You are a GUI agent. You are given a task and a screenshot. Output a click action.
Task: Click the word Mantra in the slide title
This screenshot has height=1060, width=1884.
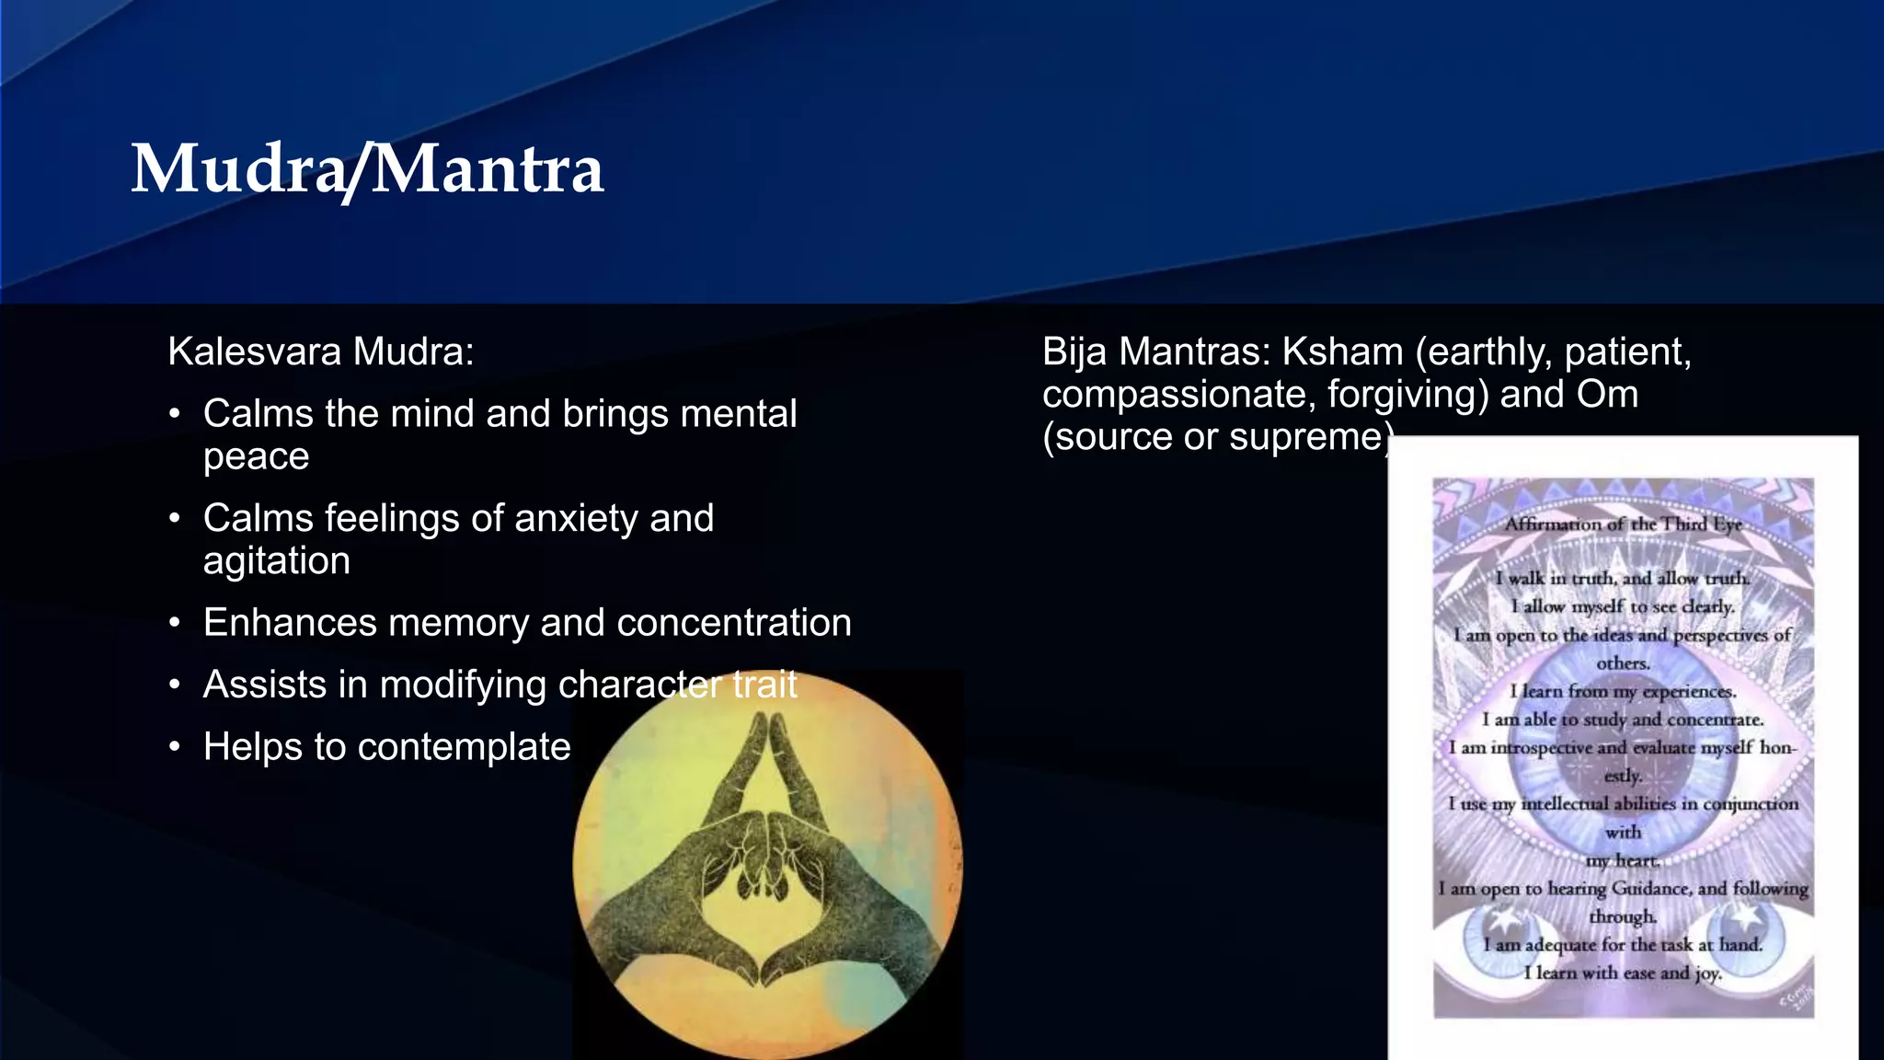(x=488, y=169)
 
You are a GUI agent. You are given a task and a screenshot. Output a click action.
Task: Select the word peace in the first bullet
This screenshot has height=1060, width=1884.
(x=256, y=457)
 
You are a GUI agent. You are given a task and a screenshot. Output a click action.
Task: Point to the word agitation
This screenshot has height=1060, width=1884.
(x=276, y=561)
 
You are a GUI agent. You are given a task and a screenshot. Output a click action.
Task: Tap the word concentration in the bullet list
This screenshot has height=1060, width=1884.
(x=733, y=623)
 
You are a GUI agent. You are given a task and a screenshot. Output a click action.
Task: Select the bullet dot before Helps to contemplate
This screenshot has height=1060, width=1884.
(x=175, y=747)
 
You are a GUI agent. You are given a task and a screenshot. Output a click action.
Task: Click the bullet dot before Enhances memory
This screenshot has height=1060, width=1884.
(x=175, y=624)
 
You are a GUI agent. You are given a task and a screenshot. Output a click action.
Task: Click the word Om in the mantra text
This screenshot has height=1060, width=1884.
(x=1607, y=395)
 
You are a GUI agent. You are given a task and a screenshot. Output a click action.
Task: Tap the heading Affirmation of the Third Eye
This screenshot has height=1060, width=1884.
(x=1623, y=524)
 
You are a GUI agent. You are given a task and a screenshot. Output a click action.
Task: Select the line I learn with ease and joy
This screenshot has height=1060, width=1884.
(x=1622, y=973)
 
